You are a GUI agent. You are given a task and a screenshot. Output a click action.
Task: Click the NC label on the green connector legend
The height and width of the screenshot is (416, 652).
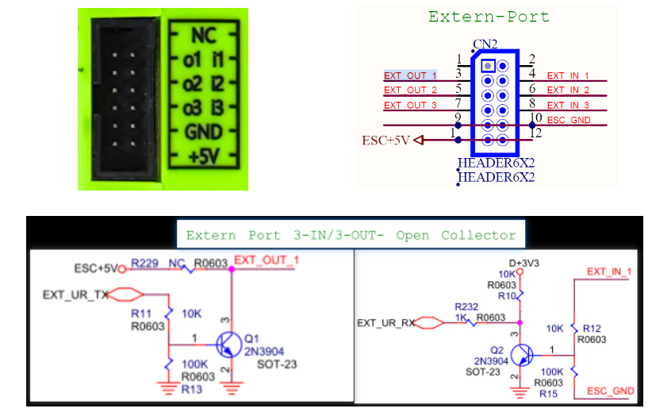point(204,36)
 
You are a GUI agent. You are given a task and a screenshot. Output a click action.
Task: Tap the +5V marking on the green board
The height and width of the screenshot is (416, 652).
point(204,157)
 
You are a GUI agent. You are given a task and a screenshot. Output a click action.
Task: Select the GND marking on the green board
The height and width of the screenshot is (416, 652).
point(203,133)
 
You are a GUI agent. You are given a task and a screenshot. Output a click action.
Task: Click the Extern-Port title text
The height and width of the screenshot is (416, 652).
point(489,17)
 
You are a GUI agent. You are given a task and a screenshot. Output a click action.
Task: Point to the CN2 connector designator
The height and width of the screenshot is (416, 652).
point(485,44)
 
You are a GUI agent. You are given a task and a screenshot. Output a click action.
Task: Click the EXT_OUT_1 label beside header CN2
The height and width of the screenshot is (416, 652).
point(410,75)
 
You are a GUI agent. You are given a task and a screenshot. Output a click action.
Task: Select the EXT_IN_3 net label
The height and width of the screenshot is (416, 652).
point(568,106)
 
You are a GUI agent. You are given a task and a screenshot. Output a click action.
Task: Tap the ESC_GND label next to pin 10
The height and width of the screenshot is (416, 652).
point(569,120)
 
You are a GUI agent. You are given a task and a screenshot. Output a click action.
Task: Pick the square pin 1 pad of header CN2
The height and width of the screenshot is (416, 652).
point(488,66)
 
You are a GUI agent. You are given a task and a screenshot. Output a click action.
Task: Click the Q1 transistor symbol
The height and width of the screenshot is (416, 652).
point(228,345)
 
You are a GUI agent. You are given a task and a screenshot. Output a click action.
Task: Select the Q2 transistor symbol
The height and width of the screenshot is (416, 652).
point(522,355)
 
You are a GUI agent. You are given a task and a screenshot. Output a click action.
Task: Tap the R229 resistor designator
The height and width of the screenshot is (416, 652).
point(144,264)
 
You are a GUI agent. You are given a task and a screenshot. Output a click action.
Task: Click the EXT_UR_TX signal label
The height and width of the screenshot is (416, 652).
point(75,295)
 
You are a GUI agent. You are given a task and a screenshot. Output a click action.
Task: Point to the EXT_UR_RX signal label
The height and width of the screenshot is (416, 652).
point(385,323)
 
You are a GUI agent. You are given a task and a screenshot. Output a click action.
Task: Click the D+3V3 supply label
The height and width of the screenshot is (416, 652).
point(524,264)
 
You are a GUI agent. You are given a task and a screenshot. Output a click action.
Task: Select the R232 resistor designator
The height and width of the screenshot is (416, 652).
point(466,307)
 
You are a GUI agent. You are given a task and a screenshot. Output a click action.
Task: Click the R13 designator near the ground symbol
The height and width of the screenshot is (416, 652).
point(192,390)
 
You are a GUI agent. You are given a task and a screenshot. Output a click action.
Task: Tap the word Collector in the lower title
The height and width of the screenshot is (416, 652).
point(478,236)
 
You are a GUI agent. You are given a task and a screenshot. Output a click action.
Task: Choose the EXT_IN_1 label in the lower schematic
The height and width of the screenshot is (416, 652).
point(609,272)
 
